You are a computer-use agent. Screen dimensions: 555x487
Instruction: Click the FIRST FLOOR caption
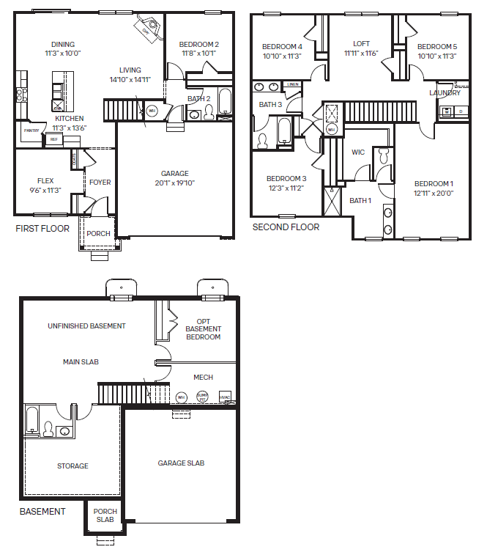[x=42, y=229]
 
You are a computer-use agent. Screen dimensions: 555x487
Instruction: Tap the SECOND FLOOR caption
[x=286, y=227]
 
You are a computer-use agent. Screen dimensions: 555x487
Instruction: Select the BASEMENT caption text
[x=42, y=512]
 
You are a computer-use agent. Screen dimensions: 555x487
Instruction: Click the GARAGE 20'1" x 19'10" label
[x=175, y=178]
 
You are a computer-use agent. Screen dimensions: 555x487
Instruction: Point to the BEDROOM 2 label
[x=199, y=48]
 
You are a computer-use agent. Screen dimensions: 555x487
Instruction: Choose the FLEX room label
[x=45, y=185]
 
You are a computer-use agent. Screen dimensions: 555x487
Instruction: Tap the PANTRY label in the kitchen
[x=31, y=131]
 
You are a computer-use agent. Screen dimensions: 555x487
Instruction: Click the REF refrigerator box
[x=53, y=139]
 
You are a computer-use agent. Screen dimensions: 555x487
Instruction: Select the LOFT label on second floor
[x=362, y=48]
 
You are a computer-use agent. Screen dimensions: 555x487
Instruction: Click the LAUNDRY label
[x=445, y=93]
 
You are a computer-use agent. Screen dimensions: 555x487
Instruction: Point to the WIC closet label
[x=358, y=152]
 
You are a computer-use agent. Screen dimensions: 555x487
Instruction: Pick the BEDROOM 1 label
[x=434, y=188]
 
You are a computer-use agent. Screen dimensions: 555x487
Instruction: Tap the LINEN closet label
[x=293, y=85]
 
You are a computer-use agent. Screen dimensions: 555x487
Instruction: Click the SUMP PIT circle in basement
[x=203, y=397]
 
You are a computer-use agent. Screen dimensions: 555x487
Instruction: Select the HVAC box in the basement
[x=225, y=397]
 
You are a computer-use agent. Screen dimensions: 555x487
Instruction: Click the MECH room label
[x=203, y=377]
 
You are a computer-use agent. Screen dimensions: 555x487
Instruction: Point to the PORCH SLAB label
[x=105, y=515]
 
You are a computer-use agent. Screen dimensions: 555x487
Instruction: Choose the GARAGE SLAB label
[x=181, y=463]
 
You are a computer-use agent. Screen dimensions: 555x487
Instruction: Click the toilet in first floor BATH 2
[x=209, y=112]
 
